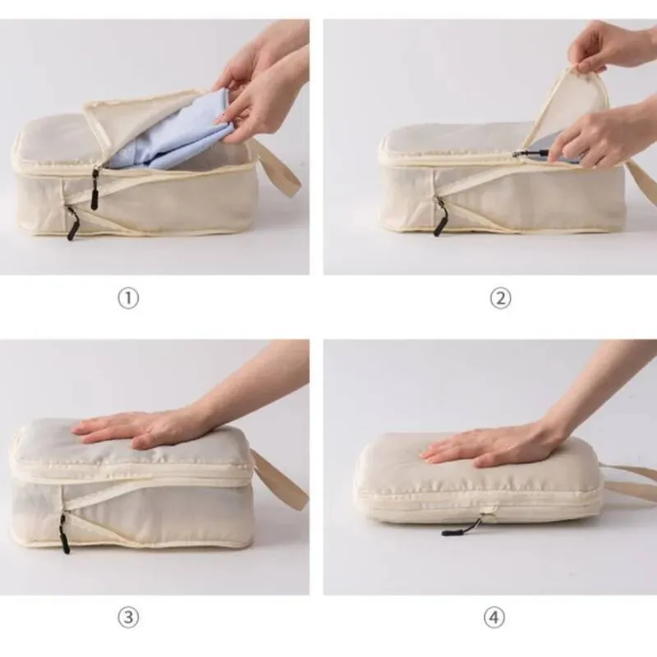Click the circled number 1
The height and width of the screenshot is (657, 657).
coord(128,299)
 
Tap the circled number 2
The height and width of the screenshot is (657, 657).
coord(500,299)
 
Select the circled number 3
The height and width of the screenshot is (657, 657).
coord(128,618)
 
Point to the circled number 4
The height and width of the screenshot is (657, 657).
coord(494,618)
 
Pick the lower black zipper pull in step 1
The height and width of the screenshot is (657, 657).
coord(72,223)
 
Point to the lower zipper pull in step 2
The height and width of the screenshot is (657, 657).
coord(441,216)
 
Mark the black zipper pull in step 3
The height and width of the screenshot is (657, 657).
coord(64,532)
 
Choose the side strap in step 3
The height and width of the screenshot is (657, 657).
coord(278,479)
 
